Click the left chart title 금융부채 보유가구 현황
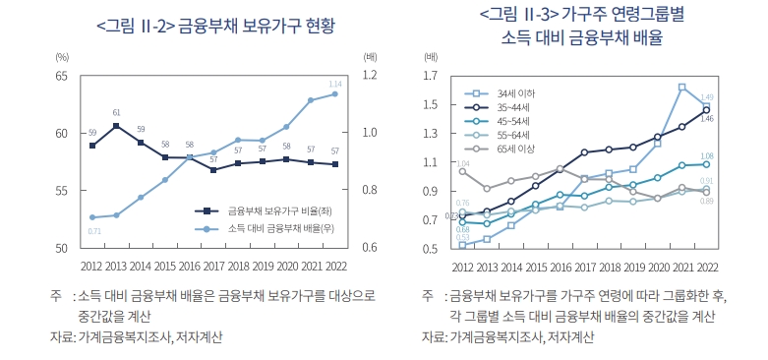(255, 27)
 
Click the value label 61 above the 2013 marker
(116, 113)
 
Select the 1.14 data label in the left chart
(335, 84)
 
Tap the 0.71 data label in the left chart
(94, 230)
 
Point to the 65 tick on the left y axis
(61, 76)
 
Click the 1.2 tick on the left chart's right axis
(370, 76)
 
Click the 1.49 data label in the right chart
(706, 96)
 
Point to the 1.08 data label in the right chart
(706, 156)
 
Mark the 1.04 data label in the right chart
(463, 163)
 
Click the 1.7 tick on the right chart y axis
(430, 76)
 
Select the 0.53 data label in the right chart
(462, 237)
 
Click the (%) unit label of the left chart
(61, 57)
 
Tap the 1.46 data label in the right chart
(706, 118)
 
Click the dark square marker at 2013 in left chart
(116, 126)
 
